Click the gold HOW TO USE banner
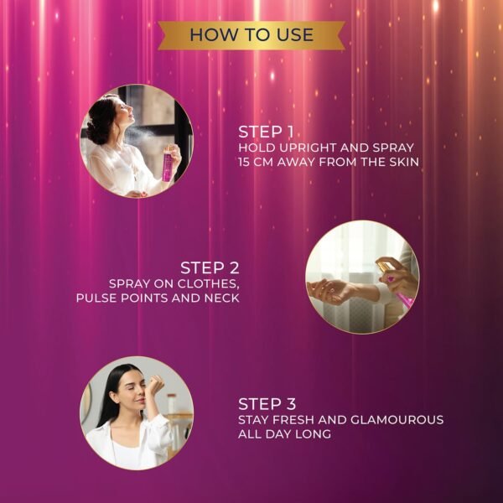(251, 35)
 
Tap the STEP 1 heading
(266, 132)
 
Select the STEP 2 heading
(210, 268)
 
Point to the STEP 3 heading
(267, 404)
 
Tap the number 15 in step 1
(243, 162)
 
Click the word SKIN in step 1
(405, 162)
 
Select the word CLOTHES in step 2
(209, 284)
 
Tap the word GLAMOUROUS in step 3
(397, 420)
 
